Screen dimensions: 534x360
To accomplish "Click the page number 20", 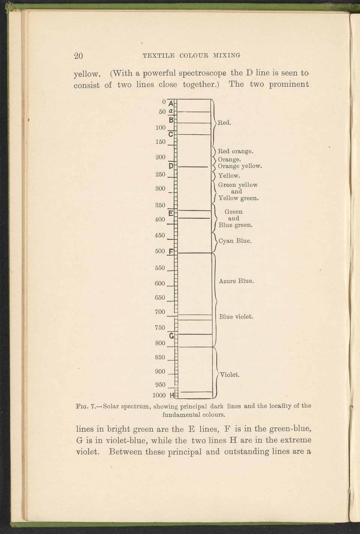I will (78, 56).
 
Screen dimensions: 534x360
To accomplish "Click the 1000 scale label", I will (159, 395).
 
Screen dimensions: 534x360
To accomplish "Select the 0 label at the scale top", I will (164, 102).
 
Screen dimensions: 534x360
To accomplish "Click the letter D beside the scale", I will (171, 166).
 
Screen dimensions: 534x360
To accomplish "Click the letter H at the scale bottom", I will (172, 395).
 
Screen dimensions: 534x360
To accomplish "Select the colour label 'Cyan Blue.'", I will (235, 241).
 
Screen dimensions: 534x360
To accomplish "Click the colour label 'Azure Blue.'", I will (236, 281).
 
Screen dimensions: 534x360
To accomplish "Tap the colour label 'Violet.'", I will (229, 375).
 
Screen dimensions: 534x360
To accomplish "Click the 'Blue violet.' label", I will (237, 317).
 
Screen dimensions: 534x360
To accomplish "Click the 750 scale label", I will (160, 328).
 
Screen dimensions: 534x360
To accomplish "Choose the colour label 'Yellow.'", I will (229, 175).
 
